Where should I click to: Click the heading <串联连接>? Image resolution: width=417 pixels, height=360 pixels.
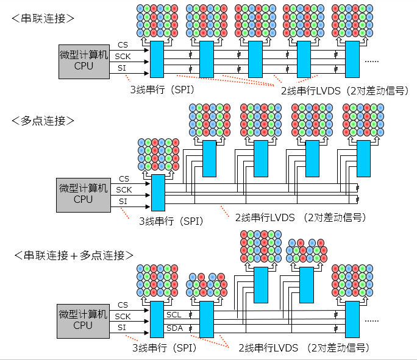point(43,18)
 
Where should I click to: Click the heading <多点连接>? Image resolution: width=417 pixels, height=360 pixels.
point(43,121)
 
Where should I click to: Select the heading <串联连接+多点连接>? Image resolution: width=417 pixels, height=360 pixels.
point(73,255)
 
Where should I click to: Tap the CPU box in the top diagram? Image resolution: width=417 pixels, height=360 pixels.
point(84,61)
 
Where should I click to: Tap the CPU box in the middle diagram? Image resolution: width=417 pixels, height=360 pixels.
point(84,194)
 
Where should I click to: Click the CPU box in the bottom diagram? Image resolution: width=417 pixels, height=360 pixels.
point(84,320)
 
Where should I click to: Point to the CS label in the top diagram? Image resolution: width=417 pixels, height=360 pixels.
point(123,45)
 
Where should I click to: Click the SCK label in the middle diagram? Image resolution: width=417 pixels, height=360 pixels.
point(124,189)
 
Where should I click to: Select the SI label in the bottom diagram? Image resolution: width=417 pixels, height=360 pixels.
point(123,327)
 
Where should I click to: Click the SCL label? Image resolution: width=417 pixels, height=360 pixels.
point(174,314)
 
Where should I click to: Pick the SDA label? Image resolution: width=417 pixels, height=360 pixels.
point(174,328)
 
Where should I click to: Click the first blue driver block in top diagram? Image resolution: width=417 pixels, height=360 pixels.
point(157,59)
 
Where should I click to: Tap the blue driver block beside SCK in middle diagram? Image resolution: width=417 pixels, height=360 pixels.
point(157,191)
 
